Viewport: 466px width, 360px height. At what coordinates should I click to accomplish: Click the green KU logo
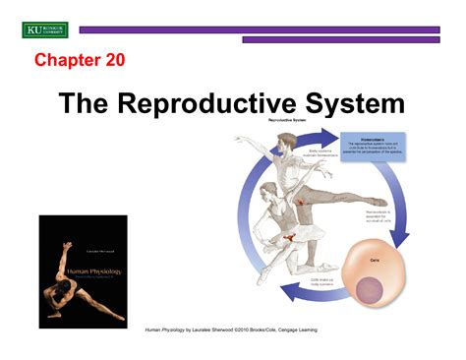(x=44, y=30)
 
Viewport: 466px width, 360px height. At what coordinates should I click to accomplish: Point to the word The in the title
(x=88, y=104)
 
